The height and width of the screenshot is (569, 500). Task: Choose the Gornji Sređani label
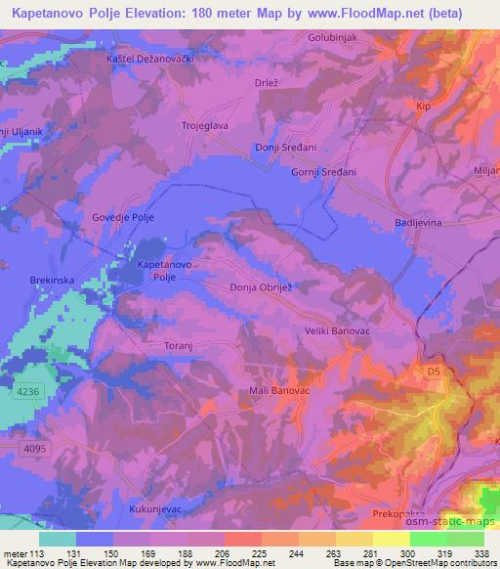click(324, 172)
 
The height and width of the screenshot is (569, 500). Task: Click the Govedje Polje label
click(124, 217)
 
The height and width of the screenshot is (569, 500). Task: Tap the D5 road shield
click(435, 372)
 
